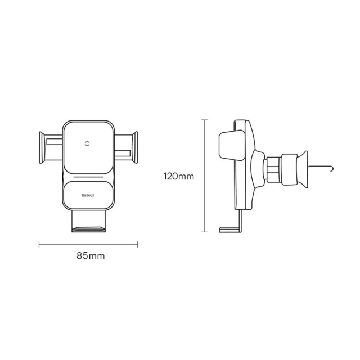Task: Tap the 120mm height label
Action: pyautogui.click(x=178, y=175)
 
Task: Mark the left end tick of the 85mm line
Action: pyautogui.click(x=39, y=244)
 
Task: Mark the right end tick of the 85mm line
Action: pyautogui.click(x=137, y=244)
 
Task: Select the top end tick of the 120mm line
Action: pyautogui.click(x=206, y=119)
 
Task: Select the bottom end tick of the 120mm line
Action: pyautogui.click(x=206, y=231)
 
